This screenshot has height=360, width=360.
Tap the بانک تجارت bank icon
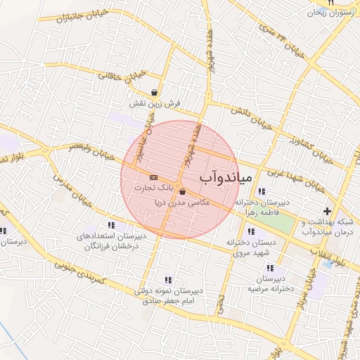[x=153, y=177]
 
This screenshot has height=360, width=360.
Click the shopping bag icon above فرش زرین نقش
[x=155, y=91]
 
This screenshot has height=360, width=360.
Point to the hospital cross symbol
[x=327, y=211]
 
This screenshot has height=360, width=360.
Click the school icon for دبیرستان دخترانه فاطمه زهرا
[x=262, y=191]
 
